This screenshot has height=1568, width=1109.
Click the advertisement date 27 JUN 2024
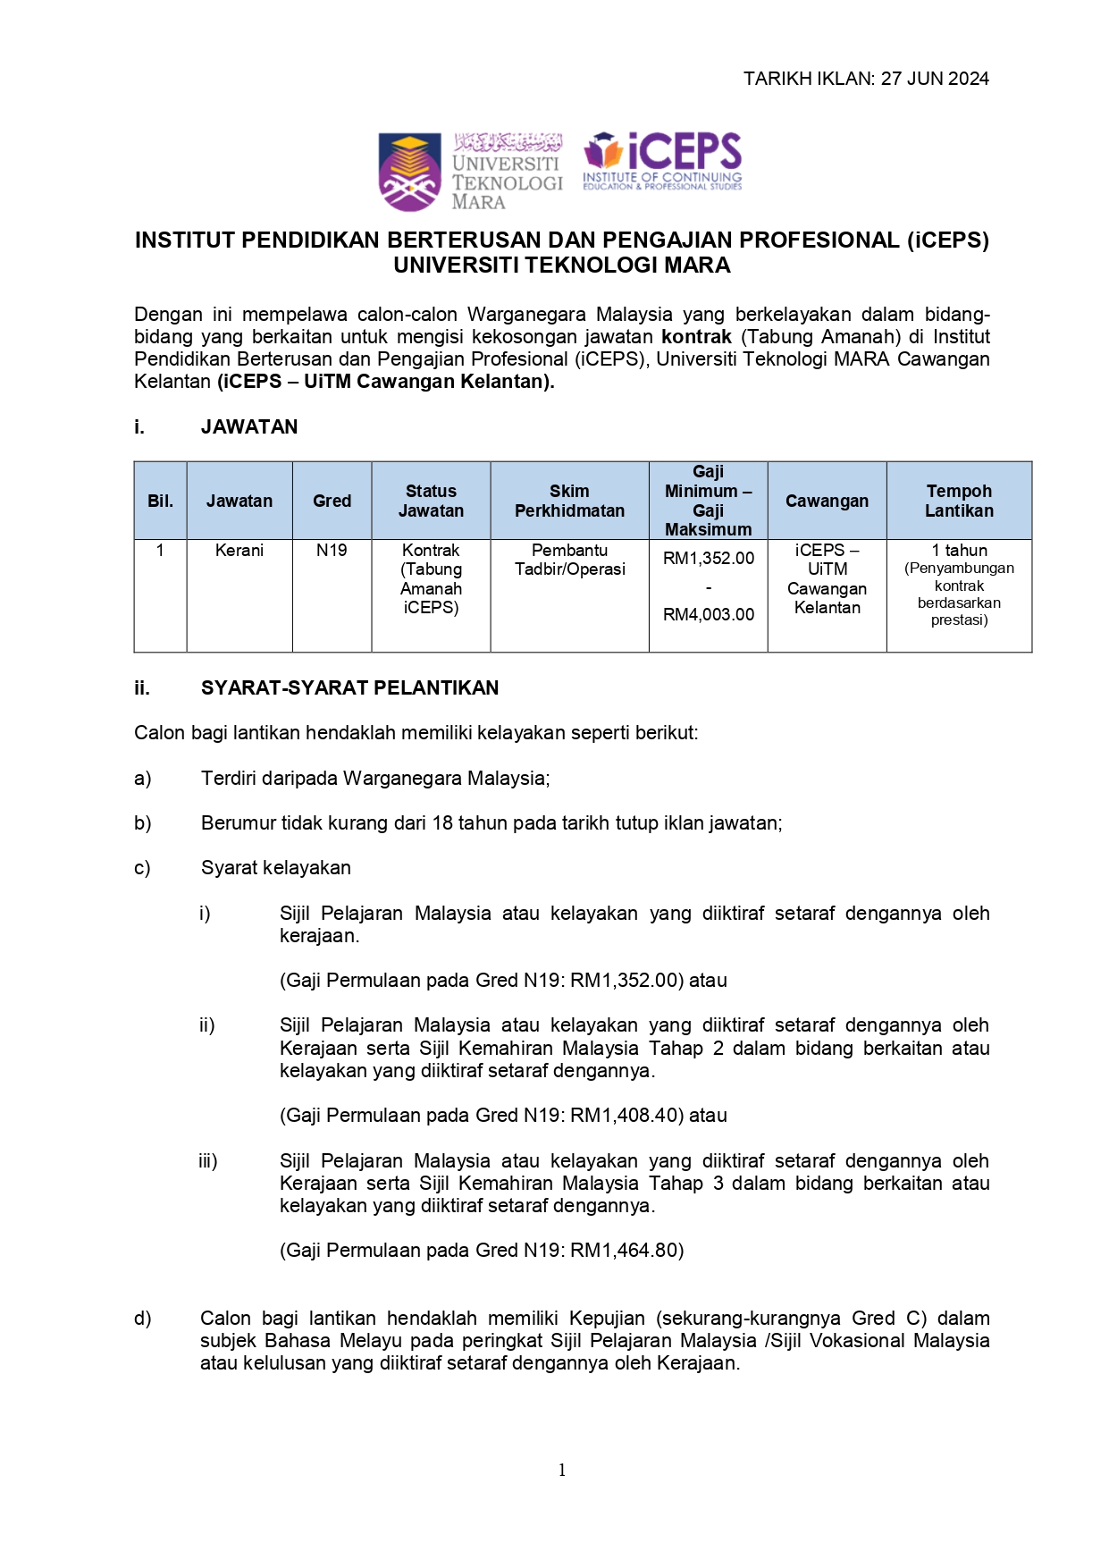(x=935, y=79)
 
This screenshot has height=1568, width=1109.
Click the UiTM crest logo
(x=409, y=172)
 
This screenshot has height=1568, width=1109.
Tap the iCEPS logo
(x=662, y=162)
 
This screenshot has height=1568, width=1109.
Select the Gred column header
(x=332, y=502)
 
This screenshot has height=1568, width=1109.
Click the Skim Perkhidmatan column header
(x=569, y=502)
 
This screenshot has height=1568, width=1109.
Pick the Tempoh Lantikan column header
(x=959, y=502)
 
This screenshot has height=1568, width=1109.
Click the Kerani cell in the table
(x=239, y=551)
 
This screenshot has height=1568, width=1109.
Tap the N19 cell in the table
(x=332, y=551)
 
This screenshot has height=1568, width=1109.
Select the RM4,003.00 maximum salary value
(x=709, y=615)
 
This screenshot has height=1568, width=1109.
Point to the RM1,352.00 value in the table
(x=709, y=559)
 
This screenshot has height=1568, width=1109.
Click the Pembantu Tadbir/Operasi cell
(x=569, y=560)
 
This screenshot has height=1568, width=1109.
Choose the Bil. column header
(x=160, y=502)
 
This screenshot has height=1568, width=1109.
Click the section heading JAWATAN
(x=249, y=427)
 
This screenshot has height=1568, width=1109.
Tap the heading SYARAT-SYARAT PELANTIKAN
(x=349, y=688)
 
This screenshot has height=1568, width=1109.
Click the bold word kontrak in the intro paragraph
(x=696, y=337)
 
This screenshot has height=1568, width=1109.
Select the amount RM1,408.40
(x=627, y=1116)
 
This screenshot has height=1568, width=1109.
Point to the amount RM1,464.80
(x=627, y=1251)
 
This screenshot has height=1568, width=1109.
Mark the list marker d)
(x=143, y=1319)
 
